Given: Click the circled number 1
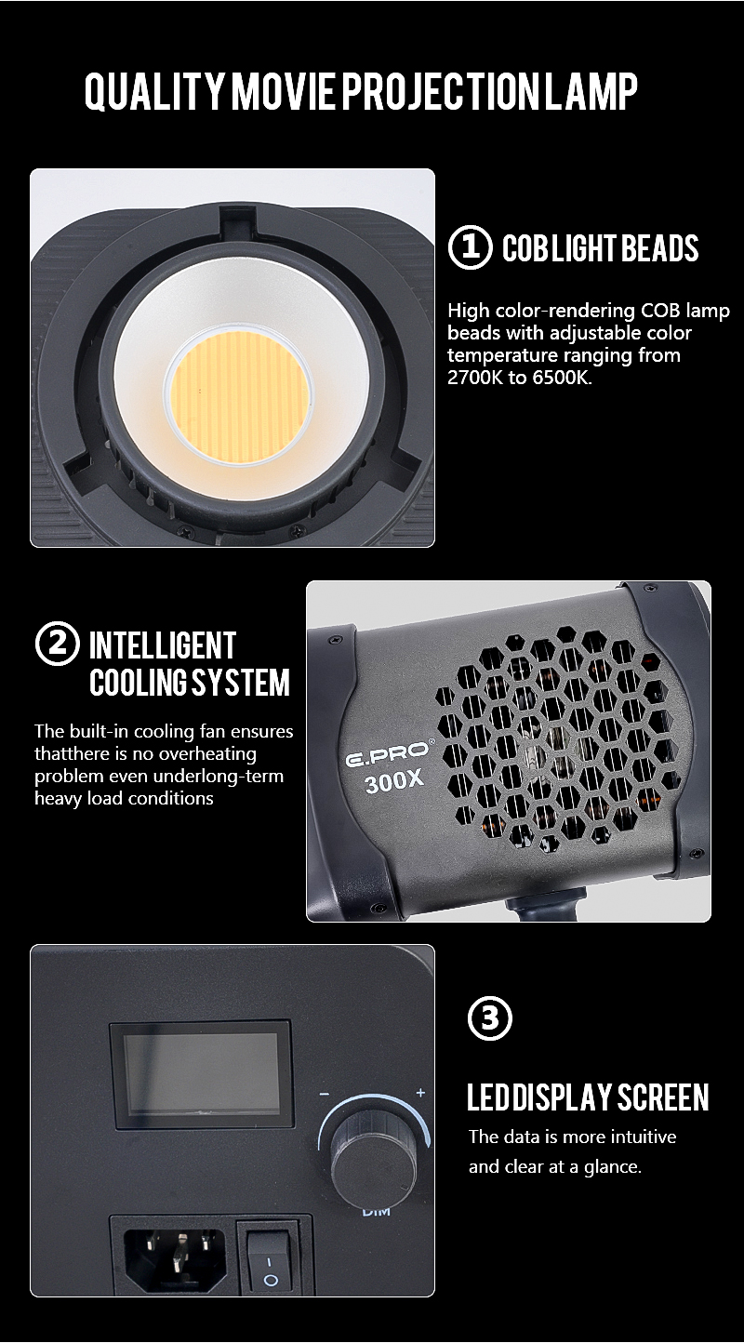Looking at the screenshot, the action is click(x=470, y=247).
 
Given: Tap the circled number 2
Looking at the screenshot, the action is click(x=57, y=644).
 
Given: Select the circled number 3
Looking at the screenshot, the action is click(x=489, y=1017).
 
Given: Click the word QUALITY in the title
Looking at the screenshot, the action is click(x=154, y=92).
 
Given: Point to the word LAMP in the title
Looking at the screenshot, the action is click(x=590, y=92).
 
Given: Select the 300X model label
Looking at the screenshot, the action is click(x=394, y=781).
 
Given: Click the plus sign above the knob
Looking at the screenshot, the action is click(x=420, y=1093).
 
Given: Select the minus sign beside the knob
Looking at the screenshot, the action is click(x=325, y=1094).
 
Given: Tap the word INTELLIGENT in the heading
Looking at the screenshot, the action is click(x=163, y=645).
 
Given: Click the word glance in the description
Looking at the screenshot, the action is click(x=613, y=1167).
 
